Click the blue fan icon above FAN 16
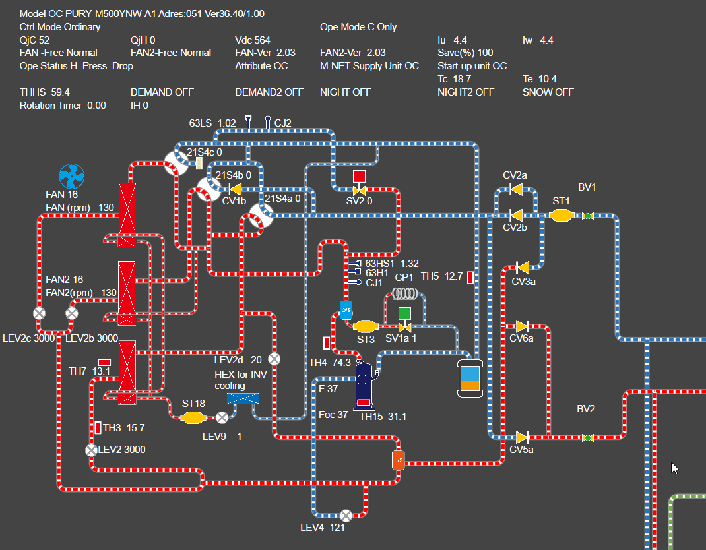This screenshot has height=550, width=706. coord(72,177)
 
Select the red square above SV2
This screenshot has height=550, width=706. coord(359,176)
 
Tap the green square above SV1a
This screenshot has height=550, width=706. coord(405,313)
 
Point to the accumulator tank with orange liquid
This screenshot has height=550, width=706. coord(470,379)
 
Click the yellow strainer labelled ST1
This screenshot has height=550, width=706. coord(561,216)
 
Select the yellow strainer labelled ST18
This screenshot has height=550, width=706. coord(193,417)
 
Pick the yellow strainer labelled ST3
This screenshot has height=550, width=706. coord(365,326)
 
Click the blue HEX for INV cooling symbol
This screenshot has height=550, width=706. coord(243,398)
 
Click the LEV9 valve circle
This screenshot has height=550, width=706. coord(222,417)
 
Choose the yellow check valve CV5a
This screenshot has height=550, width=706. coord(521,437)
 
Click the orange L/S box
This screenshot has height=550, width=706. coord(398,460)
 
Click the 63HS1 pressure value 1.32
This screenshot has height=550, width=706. coord(410,264)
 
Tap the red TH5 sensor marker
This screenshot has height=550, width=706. coord(470,278)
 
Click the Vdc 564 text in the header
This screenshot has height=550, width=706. coord(253,40)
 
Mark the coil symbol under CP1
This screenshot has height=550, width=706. coord(405,293)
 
